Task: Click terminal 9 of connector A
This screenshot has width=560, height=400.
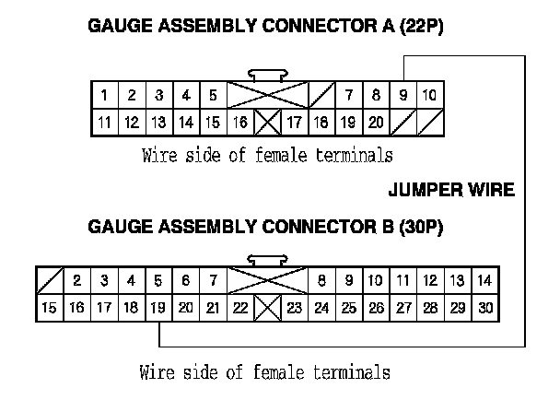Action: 402,95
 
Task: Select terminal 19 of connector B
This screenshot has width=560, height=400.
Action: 157,308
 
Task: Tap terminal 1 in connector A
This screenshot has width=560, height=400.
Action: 105,95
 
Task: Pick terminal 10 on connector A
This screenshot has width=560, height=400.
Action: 430,95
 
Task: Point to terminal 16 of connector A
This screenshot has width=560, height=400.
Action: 240,122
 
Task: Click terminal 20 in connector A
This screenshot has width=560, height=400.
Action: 376,122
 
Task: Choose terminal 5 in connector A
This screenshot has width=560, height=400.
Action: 213,95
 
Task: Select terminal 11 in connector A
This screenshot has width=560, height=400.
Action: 105,122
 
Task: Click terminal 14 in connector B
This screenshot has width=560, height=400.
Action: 485,280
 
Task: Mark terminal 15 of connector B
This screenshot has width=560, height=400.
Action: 50,308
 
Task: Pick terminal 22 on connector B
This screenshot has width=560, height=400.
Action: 239,308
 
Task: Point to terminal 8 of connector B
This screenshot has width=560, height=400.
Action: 321,280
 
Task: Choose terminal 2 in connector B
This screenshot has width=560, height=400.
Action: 77,280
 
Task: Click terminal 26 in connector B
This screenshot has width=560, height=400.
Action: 376,308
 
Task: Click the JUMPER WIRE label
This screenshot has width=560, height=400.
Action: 450,191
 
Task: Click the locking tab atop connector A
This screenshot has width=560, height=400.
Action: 267,75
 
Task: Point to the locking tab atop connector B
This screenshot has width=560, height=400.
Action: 267,259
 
